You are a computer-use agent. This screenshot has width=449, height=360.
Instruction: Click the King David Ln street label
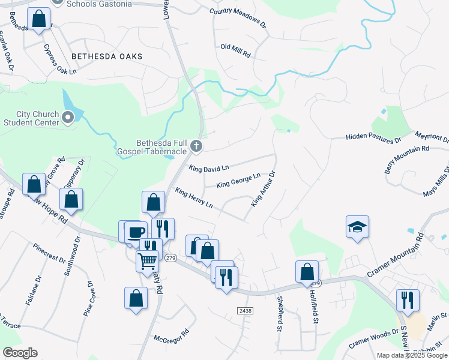(209, 170)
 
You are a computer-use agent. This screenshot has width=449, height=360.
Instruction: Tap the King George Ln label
(238, 180)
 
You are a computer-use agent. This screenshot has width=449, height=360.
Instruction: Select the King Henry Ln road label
(194, 197)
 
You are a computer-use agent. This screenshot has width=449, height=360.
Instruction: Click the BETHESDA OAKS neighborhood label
(107, 56)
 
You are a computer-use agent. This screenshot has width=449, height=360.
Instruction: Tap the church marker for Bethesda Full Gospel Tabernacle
(196, 146)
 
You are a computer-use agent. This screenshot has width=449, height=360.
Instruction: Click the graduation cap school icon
(357, 227)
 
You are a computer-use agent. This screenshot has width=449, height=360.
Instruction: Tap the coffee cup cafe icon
(134, 232)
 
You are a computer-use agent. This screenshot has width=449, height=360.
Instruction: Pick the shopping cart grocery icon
(147, 260)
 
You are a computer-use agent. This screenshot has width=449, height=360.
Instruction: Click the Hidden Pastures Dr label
(373, 139)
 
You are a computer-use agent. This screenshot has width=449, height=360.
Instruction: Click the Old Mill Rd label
(235, 50)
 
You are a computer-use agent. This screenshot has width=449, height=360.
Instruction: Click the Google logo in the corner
(20, 353)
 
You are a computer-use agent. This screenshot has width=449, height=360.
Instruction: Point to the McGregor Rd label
(172, 335)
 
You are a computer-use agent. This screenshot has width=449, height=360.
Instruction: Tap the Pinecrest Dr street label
(50, 253)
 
